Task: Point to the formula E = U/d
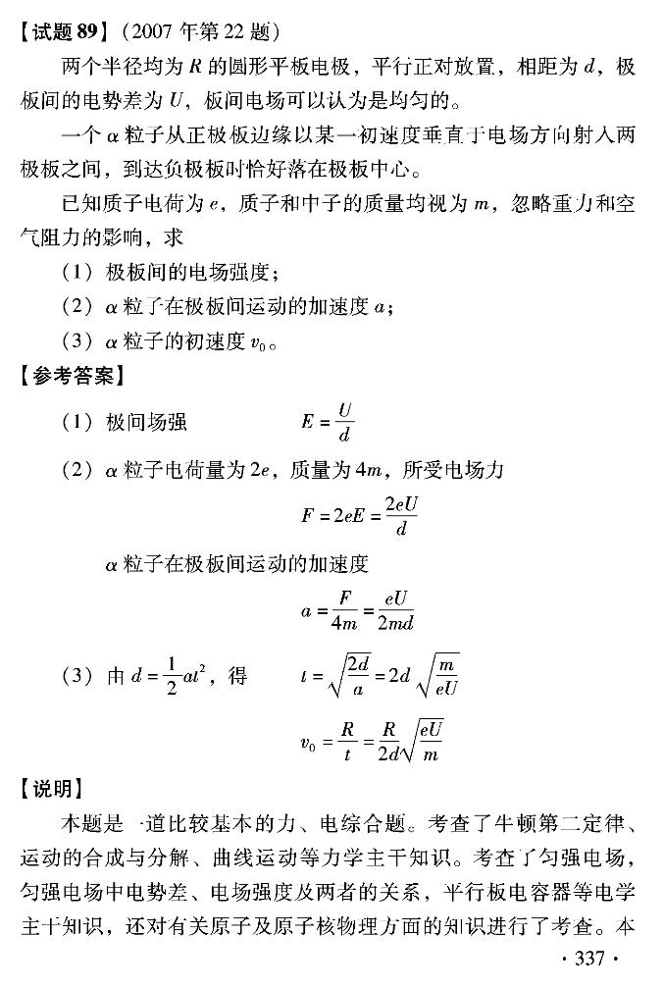click(x=328, y=422)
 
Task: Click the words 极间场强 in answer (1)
click(x=146, y=422)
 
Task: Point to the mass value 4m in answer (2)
click(x=374, y=470)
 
